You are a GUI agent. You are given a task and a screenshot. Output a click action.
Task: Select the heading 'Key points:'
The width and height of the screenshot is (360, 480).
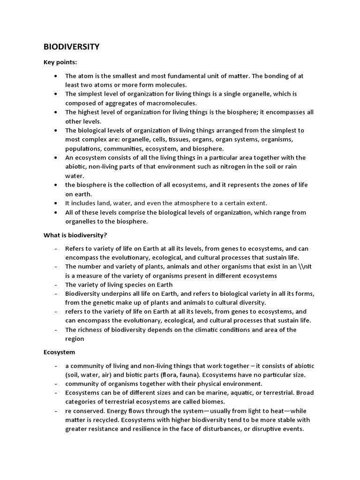(60, 62)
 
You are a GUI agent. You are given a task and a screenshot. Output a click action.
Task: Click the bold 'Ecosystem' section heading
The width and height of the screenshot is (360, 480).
(60, 352)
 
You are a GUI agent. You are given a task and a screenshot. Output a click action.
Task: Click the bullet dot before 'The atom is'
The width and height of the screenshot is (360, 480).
(56, 76)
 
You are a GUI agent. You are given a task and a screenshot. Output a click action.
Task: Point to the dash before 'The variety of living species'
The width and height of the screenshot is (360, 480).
(56, 285)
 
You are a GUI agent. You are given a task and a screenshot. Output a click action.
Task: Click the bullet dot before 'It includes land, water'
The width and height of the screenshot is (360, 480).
(56, 203)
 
